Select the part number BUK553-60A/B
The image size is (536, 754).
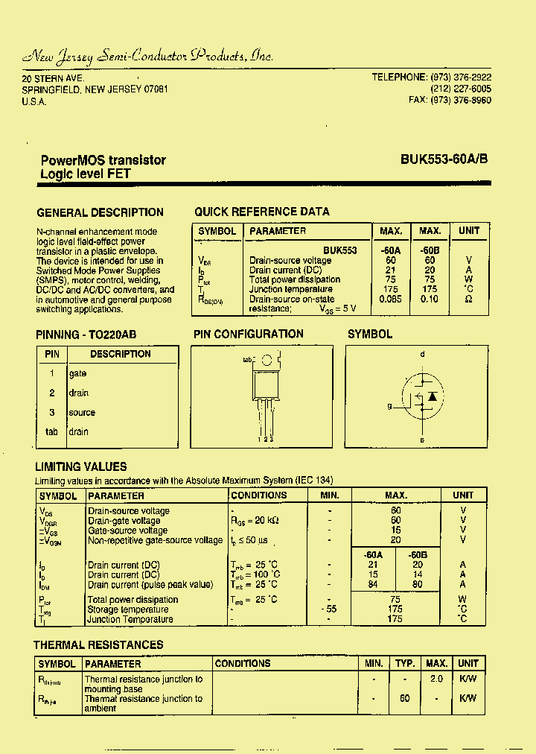point(444,159)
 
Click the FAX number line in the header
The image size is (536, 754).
point(450,100)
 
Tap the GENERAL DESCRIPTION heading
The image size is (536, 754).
point(100,212)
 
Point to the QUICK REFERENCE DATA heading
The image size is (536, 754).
point(262,212)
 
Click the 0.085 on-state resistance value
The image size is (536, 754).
point(389,299)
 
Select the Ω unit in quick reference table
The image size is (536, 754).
point(468,299)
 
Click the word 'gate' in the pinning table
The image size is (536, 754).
point(77,373)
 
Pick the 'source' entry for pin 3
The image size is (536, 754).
point(82,412)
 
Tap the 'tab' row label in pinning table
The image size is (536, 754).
point(51,431)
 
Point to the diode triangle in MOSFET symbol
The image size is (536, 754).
point(432,396)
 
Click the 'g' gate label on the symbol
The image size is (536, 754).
point(389,406)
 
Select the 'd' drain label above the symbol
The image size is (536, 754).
point(422,355)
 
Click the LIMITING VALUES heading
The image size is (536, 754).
point(81,466)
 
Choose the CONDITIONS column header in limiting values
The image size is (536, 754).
point(258,495)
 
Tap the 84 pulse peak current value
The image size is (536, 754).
point(373,584)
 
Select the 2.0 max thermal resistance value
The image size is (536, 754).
point(436,679)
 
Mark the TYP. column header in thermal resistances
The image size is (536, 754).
point(405,663)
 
